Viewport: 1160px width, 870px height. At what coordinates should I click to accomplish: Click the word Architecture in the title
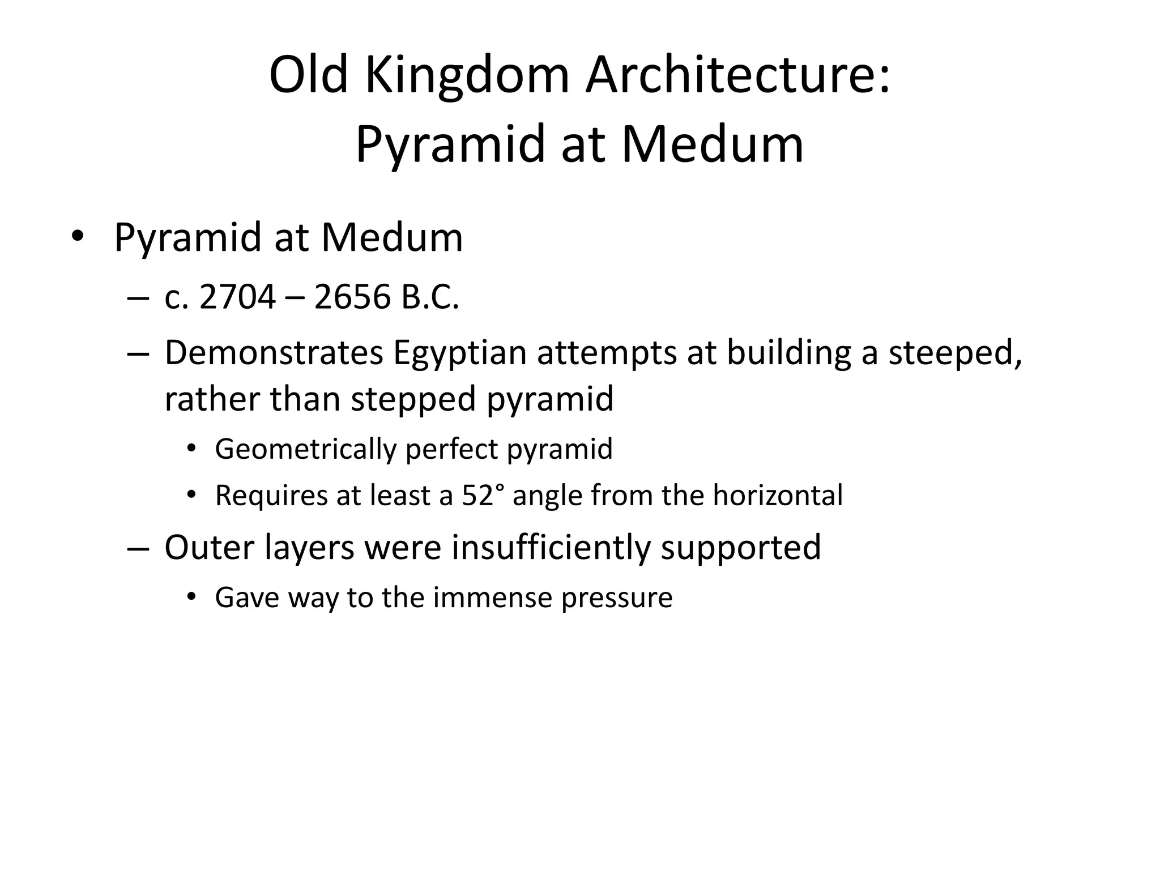pyautogui.click(x=737, y=75)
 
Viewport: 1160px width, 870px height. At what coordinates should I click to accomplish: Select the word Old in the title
pyautogui.click(x=308, y=75)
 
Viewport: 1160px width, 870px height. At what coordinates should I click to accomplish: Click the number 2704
pyautogui.click(x=238, y=297)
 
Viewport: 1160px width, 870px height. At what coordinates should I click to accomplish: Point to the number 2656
pyautogui.click(x=352, y=297)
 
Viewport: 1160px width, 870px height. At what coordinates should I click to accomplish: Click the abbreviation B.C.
pyautogui.click(x=430, y=297)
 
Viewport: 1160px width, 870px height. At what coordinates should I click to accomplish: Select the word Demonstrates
pyautogui.click(x=274, y=352)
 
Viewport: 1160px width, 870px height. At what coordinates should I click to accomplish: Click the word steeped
pyautogui.click(x=955, y=352)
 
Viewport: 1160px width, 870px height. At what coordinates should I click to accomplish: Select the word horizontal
pyautogui.click(x=778, y=495)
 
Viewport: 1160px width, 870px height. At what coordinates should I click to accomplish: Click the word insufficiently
pyautogui.click(x=551, y=547)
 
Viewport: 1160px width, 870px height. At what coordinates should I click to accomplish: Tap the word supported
pyautogui.click(x=740, y=547)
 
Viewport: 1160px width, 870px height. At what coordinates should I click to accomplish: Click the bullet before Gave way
pyautogui.click(x=191, y=596)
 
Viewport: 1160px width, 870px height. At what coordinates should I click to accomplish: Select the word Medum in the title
pyautogui.click(x=713, y=144)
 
